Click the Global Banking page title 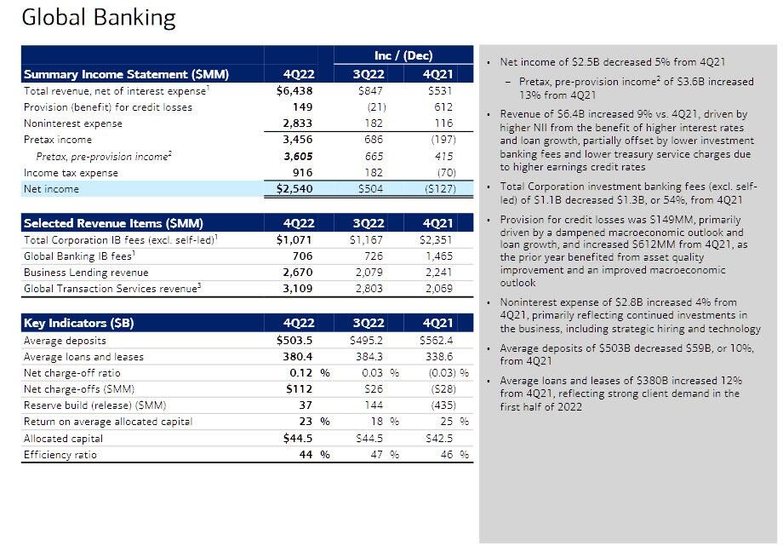pos(99,19)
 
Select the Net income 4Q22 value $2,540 pos(295,189)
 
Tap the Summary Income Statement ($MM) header pos(126,74)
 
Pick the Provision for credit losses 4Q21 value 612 pos(443,107)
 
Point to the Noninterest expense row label pos(73,124)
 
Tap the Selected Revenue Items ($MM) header pos(113,223)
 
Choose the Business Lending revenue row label pos(86,273)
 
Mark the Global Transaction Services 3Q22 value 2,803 pos(369,289)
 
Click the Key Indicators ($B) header pos(79,323)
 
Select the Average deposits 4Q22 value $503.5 pos(297,341)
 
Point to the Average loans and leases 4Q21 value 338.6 pos(438,357)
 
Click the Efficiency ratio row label pos(60,455)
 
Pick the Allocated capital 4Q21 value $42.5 pos(438,439)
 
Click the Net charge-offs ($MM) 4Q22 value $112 pos(298,389)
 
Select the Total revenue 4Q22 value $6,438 pos(295,91)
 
